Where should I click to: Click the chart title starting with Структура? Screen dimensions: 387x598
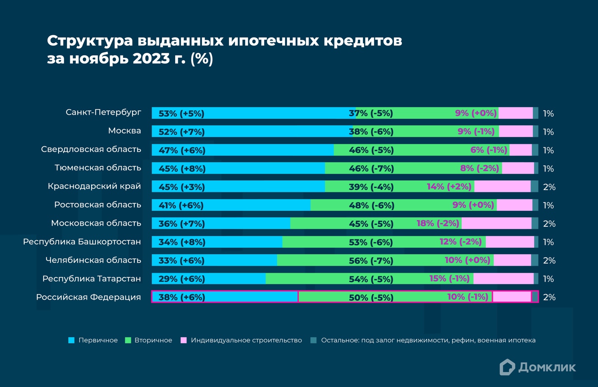224,49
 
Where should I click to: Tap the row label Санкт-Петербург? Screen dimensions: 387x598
103,113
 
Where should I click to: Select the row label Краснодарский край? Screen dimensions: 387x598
94,186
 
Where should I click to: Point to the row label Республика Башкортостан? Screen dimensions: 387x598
82,242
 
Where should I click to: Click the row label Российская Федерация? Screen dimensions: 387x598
88,297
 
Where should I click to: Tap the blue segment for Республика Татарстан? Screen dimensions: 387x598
234,279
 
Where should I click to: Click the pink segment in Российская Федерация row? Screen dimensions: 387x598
512,297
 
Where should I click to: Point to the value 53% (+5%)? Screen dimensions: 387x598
181,113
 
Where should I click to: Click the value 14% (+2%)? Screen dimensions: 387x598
449,187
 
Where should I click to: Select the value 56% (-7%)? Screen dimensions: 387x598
371,261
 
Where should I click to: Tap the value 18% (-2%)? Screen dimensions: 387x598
437,223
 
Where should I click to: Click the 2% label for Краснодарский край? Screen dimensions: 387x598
549,187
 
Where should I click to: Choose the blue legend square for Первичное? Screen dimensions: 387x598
72,340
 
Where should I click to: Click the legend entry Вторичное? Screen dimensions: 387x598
153,340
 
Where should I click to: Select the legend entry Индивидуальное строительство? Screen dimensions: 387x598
246,340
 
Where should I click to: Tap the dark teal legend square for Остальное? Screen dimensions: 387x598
314,340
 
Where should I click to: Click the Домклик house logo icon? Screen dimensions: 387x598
507,367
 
